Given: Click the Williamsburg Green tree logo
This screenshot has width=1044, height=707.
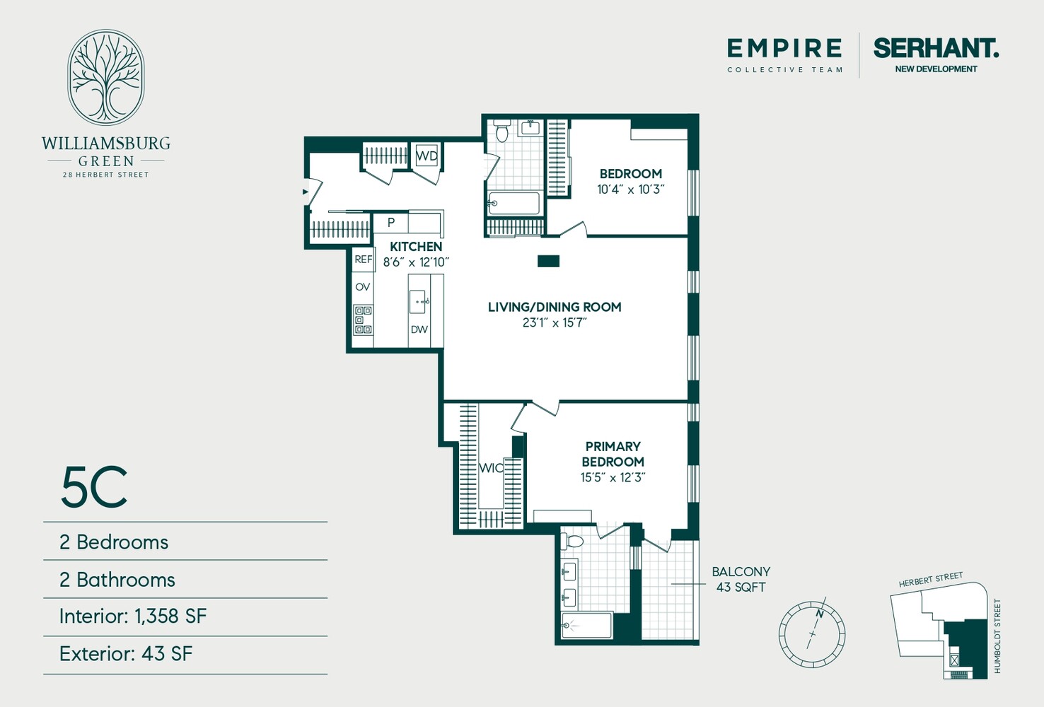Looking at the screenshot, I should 106,78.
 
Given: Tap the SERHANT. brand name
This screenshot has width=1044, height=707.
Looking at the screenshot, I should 935,49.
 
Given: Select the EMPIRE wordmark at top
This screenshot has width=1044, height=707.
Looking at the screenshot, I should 784,49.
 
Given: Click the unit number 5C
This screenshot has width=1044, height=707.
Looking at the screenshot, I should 94,488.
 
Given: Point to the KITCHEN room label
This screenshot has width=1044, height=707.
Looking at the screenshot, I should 416,247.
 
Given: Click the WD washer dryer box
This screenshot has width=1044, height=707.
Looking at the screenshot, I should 427,156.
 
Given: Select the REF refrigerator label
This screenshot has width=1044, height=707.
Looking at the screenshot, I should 364,259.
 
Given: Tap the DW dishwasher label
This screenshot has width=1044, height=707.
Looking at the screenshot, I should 419,329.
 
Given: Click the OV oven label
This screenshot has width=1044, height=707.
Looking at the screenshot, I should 363,287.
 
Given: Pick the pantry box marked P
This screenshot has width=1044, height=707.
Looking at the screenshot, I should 391,223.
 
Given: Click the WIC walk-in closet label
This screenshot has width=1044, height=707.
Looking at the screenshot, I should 491,468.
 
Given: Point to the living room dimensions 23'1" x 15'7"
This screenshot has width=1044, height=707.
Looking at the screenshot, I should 555,323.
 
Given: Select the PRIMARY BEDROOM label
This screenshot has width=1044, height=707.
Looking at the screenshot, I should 613,454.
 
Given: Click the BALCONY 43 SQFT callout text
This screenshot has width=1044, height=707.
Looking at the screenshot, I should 741,579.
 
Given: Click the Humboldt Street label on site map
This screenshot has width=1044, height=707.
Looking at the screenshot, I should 997,636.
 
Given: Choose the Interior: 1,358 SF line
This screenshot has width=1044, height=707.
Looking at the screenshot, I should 133,617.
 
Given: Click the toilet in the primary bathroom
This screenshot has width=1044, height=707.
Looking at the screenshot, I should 573,542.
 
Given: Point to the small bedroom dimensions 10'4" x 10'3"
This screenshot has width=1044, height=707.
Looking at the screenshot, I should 631,189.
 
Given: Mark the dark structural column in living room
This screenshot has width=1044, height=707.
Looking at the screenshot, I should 548,262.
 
